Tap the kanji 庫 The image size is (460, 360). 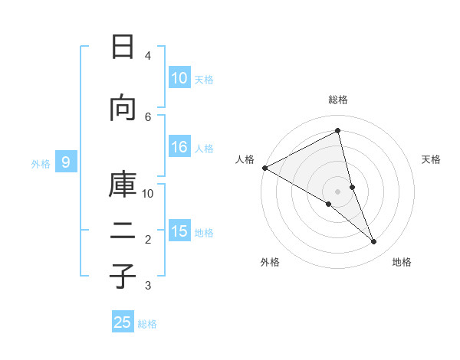point(123,184)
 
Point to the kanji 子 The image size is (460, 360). point(123,276)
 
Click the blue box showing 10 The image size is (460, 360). point(179,78)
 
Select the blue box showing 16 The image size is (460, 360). point(179,148)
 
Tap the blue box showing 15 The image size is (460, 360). point(179,231)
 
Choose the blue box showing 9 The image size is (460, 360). point(67,162)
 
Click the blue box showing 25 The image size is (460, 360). point(123,322)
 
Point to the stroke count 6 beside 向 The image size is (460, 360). point(148,116)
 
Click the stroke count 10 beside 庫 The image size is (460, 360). point(148,193)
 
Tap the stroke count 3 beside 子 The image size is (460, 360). point(148,286)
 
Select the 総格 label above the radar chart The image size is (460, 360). point(338,100)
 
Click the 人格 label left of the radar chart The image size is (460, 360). point(245,159)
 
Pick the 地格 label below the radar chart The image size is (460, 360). point(402,263)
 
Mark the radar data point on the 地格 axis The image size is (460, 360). point(374,242)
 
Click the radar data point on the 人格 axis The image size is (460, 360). point(264,168)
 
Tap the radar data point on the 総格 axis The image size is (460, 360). point(338,131)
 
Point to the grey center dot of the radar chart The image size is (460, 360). point(338,191)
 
